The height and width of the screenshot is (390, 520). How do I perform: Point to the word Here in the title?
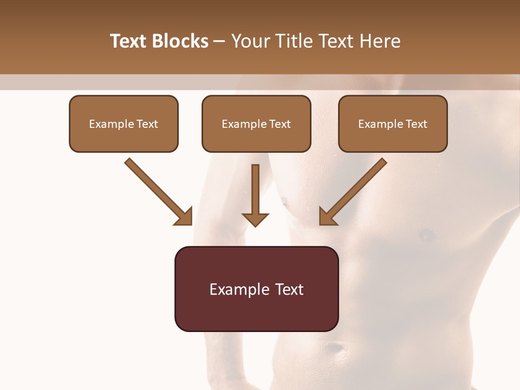pos(381,41)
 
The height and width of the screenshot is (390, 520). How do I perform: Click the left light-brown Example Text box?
pos(123,124)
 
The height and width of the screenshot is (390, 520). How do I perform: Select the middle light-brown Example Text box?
pos(256,124)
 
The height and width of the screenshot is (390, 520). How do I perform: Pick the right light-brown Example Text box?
pos(393,124)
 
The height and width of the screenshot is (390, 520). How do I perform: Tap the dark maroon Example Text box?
pos(256,289)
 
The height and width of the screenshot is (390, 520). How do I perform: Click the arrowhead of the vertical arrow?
pos(255,219)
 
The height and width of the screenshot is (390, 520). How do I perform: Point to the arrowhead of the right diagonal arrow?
pos(327,217)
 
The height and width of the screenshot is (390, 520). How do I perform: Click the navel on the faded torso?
pos(336,347)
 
